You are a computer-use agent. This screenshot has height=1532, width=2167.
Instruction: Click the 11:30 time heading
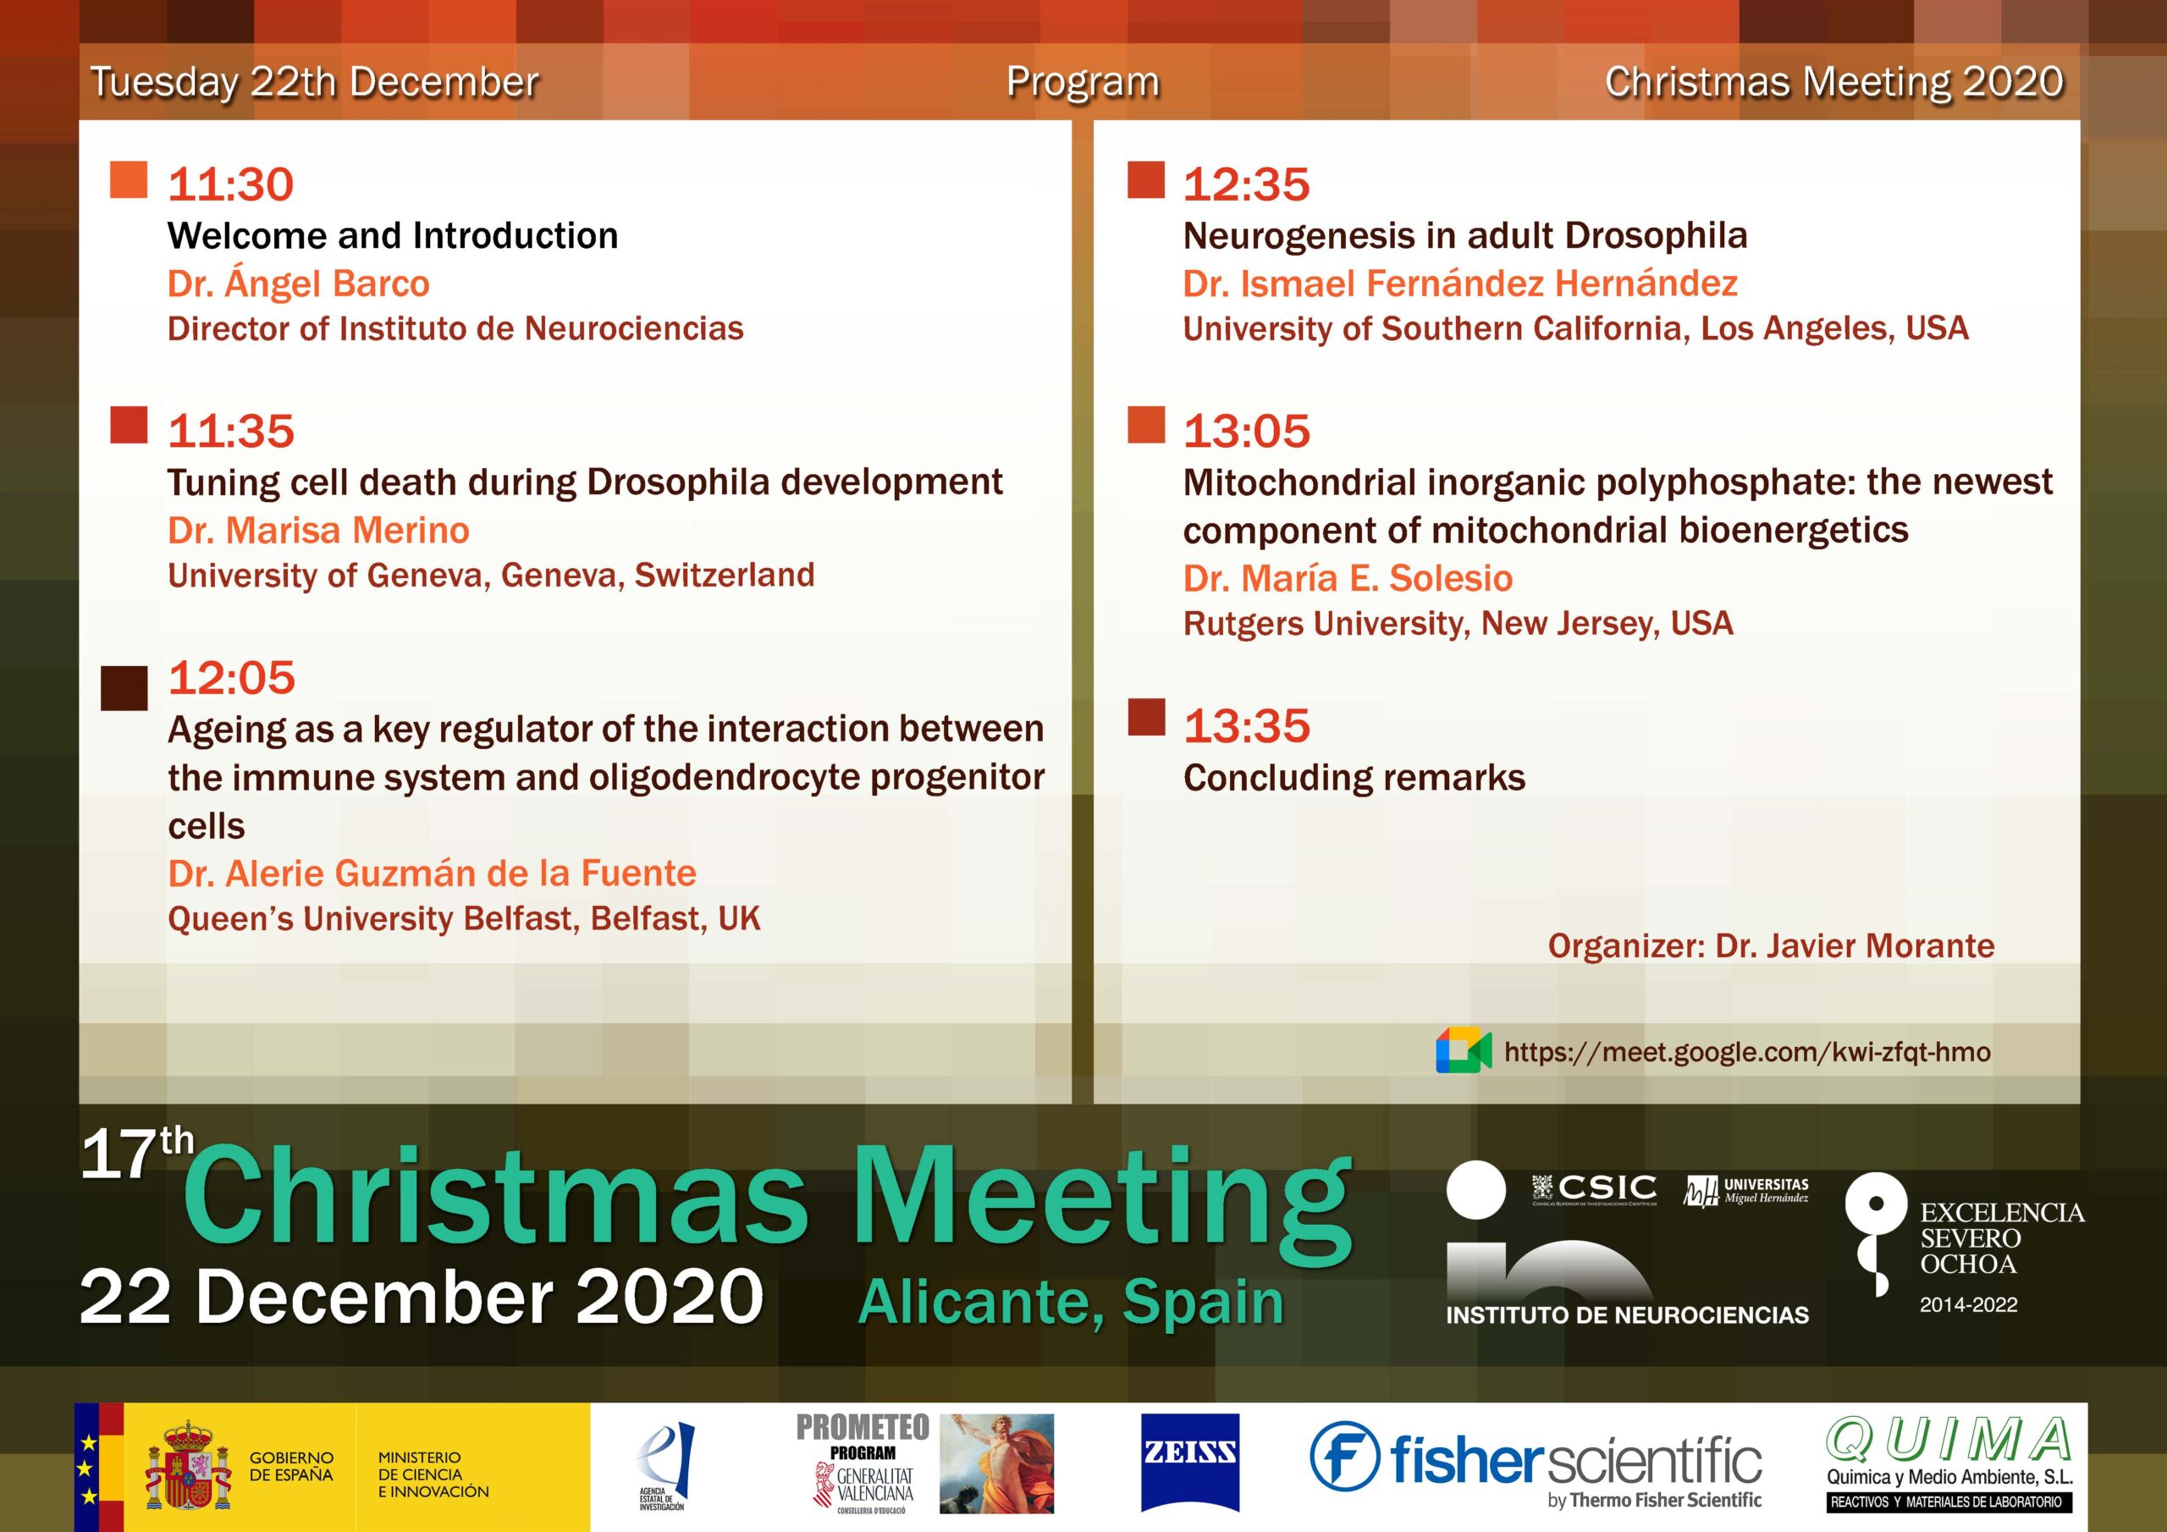[230, 184]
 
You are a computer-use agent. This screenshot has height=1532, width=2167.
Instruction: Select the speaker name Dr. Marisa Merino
[318, 531]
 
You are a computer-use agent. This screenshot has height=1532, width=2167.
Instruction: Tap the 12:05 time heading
[231, 678]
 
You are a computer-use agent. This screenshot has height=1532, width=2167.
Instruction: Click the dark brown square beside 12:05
[124, 688]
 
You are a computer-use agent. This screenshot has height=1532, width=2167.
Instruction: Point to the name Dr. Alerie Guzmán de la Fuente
[432, 873]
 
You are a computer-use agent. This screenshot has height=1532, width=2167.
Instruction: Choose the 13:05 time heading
[1247, 432]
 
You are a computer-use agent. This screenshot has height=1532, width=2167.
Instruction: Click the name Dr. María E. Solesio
[1348, 578]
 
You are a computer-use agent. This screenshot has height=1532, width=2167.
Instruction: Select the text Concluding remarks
[1354, 778]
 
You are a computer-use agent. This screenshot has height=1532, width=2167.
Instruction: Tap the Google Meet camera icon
[1463, 1051]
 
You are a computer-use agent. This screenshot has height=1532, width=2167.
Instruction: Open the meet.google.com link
[1747, 1052]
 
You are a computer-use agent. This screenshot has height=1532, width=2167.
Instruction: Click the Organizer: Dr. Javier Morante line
[1772, 945]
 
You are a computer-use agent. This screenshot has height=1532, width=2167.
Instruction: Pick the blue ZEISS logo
[1189, 1475]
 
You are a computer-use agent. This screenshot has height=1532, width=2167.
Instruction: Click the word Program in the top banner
[1083, 82]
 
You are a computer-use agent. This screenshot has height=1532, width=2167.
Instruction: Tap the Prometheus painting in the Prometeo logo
[996, 1463]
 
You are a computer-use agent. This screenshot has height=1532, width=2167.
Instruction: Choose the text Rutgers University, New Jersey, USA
[1458, 624]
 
